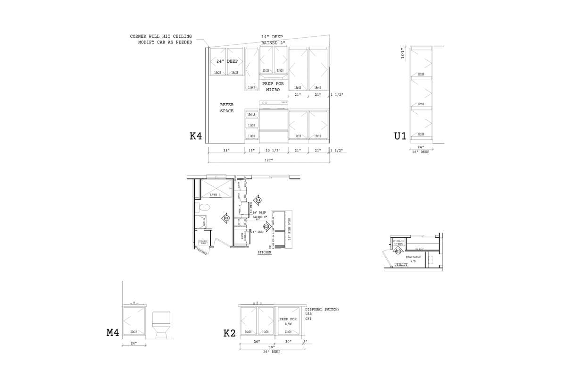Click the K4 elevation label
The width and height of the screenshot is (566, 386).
pyautogui.click(x=196, y=136)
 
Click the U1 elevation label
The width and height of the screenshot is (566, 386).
pyautogui.click(x=400, y=136)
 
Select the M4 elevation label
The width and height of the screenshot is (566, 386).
pyautogui.click(x=113, y=333)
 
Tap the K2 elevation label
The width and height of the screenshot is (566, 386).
pyautogui.click(x=229, y=334)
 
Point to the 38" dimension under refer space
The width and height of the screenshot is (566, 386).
pyautogui.click(x=226, y=151)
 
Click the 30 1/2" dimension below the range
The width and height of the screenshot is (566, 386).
pyautogui.click(x=274, y=151)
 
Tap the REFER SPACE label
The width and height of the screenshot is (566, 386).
pyautogui.click(x=227, y=108)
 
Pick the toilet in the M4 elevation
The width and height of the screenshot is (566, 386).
pyautogui.click(x=161, y=324)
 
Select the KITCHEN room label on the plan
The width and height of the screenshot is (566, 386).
pyautogui.click(x=264, y=253)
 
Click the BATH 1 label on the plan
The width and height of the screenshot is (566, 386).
pyautogui.click(x=215, y=195)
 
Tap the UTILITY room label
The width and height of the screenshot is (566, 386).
pyautogui.click(x=401, y=265)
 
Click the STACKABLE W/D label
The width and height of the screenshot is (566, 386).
pyautogui.click(x=413, y=259)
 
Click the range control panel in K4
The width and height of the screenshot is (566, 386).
pyautogui.click(x=274, y=102)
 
